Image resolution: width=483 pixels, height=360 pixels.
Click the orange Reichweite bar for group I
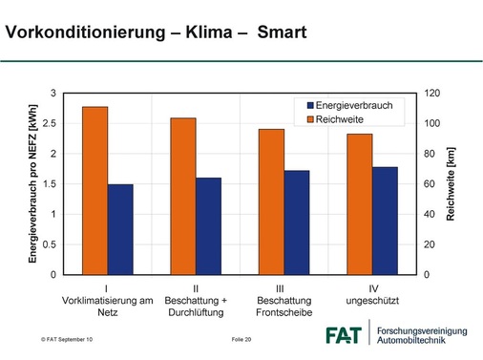pyautogui.click(x=94, y=191)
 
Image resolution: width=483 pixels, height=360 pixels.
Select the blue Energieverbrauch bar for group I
pyautogui.click(x=120, y=229)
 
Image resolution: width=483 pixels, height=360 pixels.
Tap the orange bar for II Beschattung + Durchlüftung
pyautogui.click(x=183, y=196)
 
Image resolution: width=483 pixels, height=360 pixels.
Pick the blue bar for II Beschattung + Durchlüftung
pyautogui.click(x=208, y=226)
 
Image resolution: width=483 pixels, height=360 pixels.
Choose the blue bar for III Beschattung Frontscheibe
pyautogui.click(x=297, y=222)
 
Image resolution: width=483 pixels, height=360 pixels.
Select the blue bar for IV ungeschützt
pyautogui.click(x=385, y=221)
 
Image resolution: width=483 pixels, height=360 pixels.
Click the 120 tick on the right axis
pyautogui.click(x=432, y=94)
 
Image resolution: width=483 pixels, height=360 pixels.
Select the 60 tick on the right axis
pyautogui.click(x=430, y=184)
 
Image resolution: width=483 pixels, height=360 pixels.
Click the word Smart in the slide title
pyautogui.click(x=280, y=33)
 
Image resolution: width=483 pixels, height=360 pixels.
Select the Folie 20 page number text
pyautogui.click(x=241, y=340)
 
